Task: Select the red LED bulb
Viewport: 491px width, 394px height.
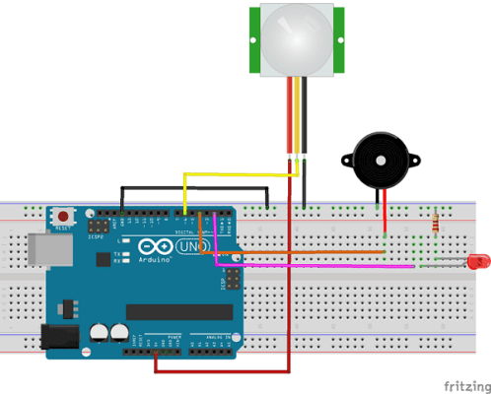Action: tap(478, 262)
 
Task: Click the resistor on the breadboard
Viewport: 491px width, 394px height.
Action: tap(437, 226)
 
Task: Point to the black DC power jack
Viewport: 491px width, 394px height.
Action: tap(58, 337)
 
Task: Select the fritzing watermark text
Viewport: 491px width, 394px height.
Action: tap(462, 383)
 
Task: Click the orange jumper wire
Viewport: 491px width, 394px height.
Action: tap(296, 253)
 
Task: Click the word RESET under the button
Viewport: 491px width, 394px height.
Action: tap(64, 228)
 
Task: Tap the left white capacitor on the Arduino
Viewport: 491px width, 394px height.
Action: tap(100, 335)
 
